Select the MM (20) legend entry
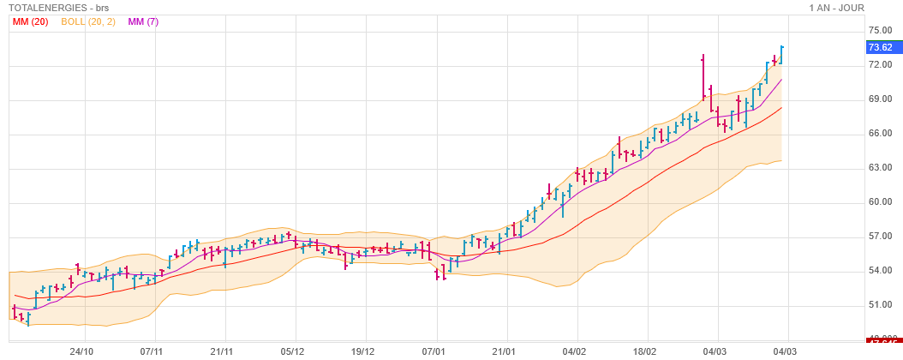30,21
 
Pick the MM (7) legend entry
142,21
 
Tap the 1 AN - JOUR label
836,8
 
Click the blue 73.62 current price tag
880,47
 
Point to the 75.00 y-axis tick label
880,31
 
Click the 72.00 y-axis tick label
880,65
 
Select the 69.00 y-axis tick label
880,99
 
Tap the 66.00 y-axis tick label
880,134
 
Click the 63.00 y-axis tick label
880,168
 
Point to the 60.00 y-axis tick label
880,202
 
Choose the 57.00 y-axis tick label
880,237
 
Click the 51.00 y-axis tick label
880,305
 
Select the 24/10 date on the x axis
81,351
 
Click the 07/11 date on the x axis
152,351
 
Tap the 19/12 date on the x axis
363,351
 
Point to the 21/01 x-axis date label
504,351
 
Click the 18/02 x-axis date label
644,351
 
